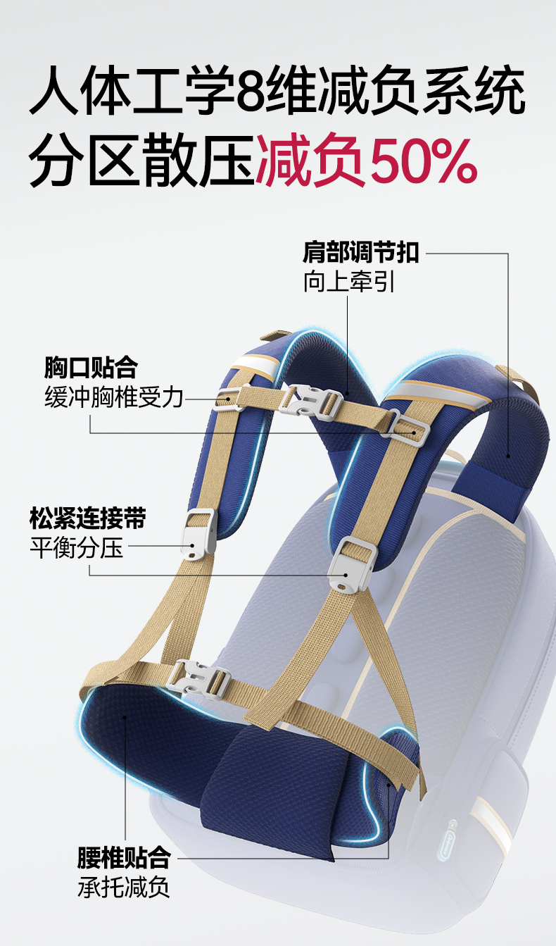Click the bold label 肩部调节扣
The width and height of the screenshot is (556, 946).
point(361,251)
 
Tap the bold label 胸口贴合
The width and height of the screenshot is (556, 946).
point(90,367)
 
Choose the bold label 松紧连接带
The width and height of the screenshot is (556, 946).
point(88,518)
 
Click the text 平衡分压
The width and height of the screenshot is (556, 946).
point(77,547)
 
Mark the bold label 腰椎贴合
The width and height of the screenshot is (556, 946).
point(124,857)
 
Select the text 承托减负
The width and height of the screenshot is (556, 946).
point(124,887)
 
